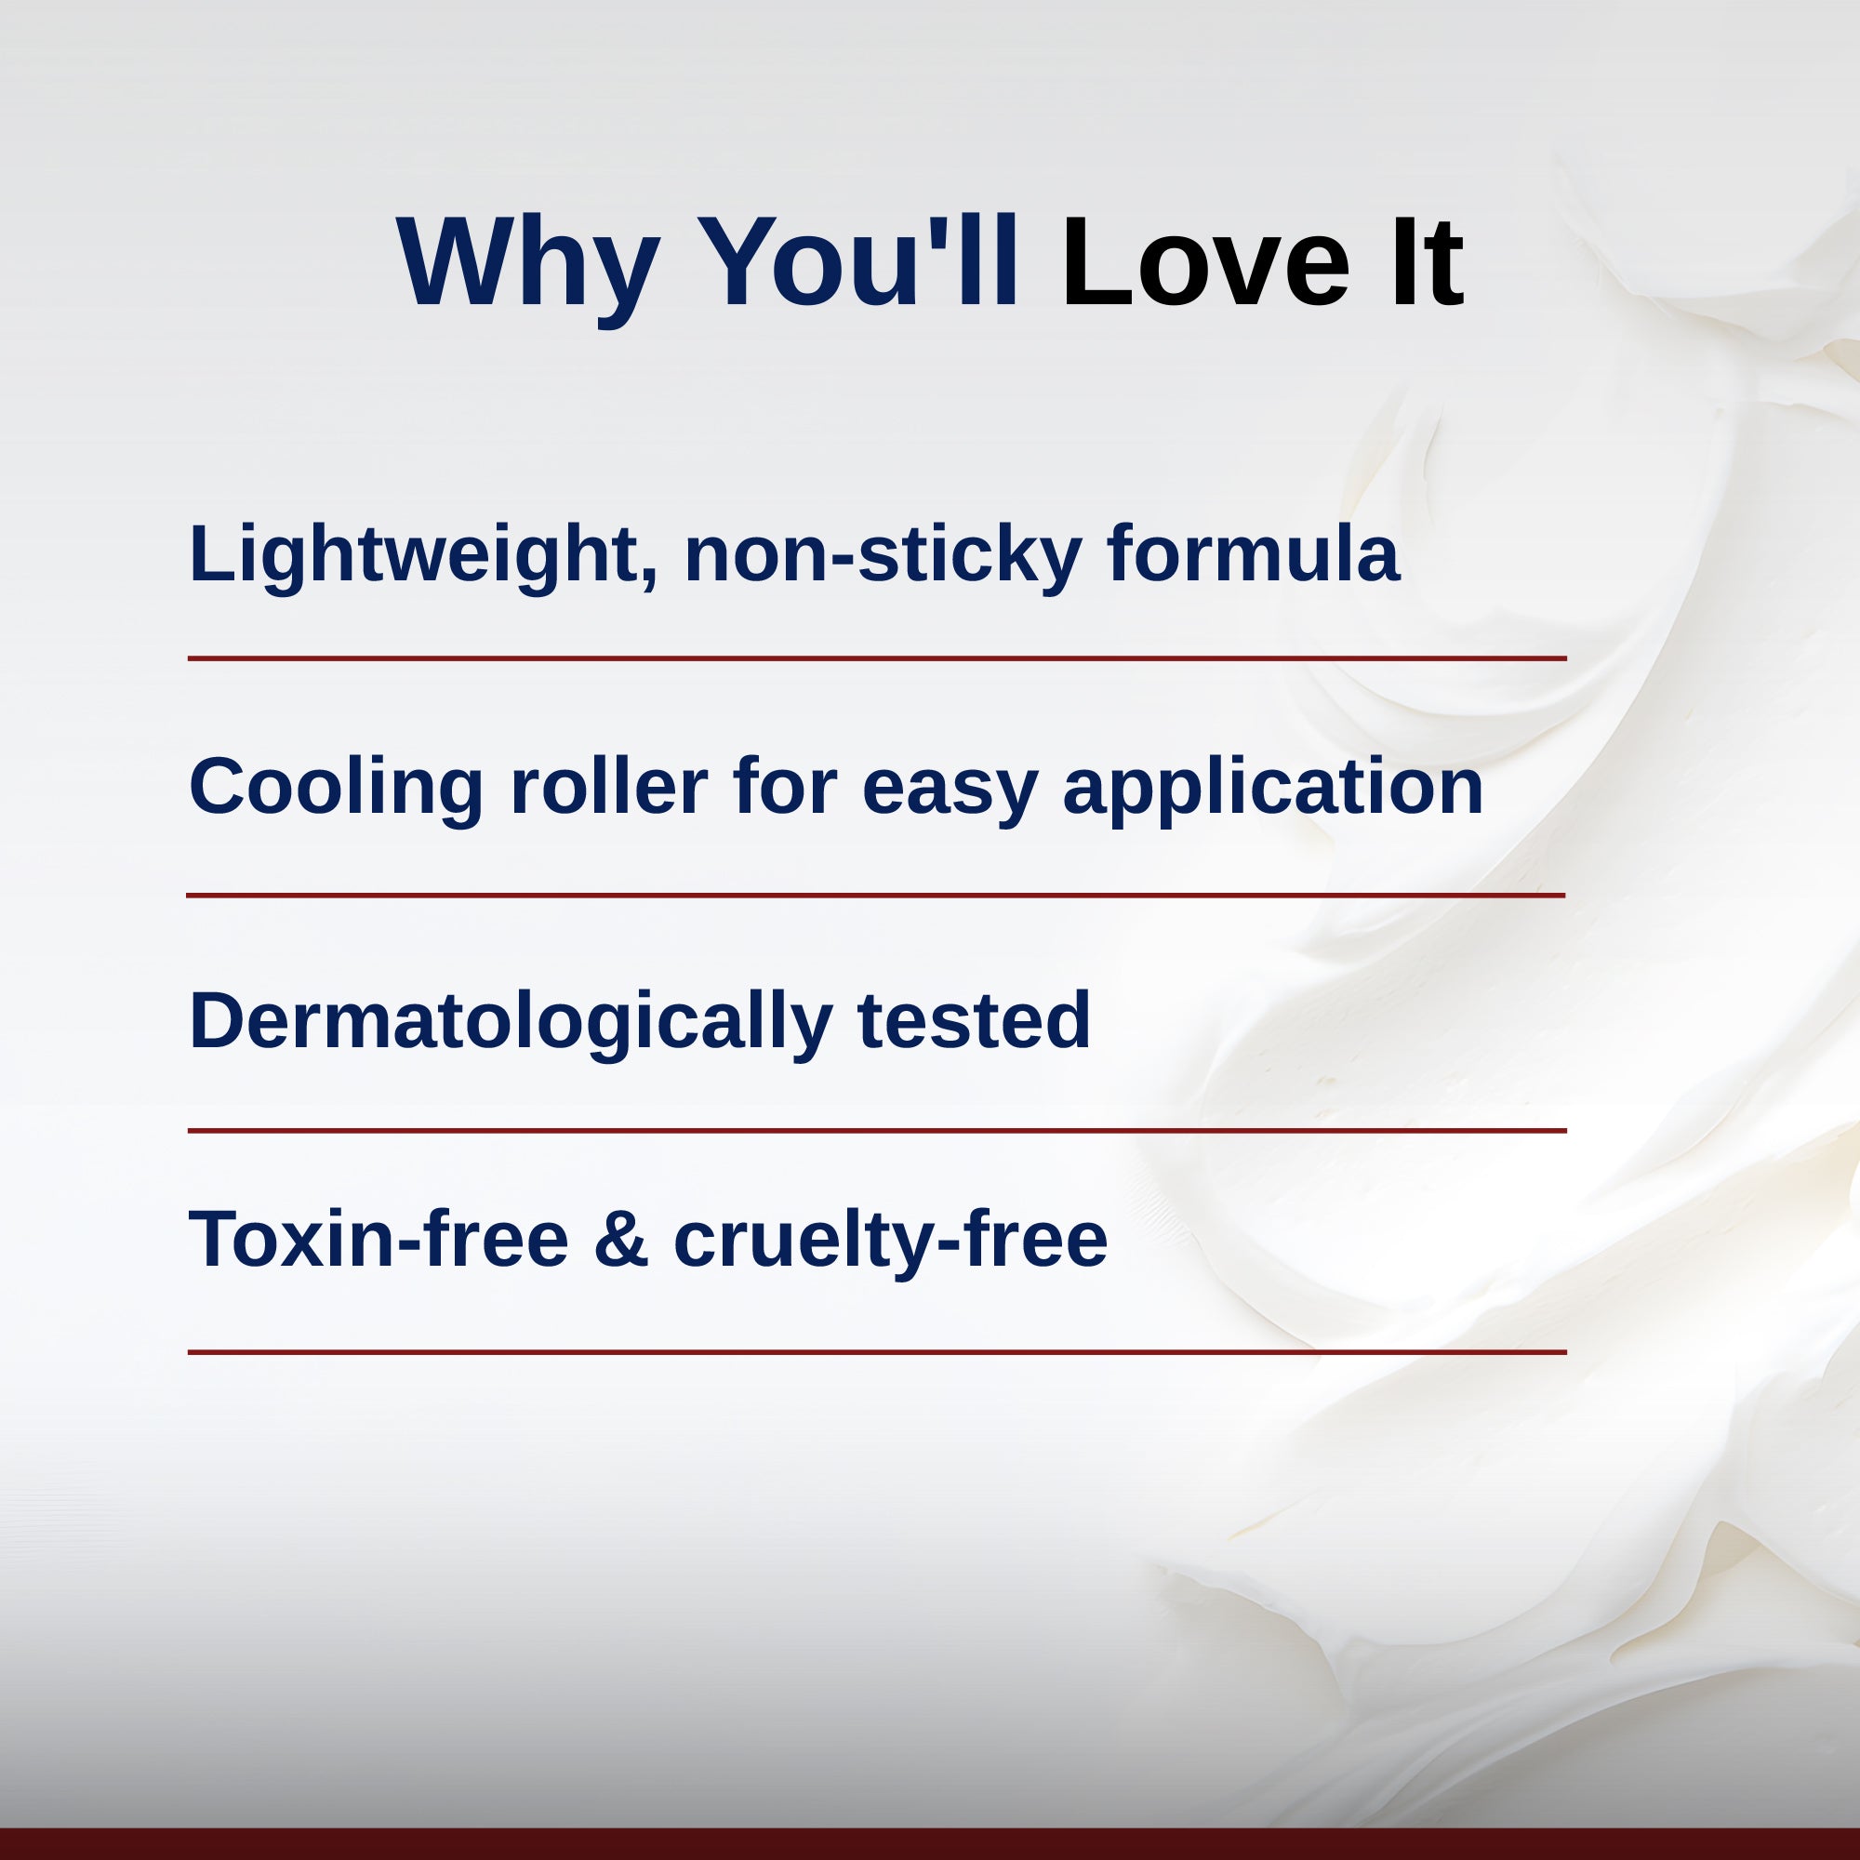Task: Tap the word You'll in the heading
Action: (x=857, y=262)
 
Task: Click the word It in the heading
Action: (x=1426, y=262)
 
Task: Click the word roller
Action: (x=608, y=787)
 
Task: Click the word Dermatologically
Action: (x=511, y=1021)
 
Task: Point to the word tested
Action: (x=974, y=1019)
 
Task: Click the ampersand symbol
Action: (x=621, y=1239)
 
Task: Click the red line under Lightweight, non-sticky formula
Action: (x=876, y=658)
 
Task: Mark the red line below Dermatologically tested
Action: (x=876, y=1130)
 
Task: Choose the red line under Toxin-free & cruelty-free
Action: (x=876, y=1351)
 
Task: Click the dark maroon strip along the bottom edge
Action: (x=930, y=1844)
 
